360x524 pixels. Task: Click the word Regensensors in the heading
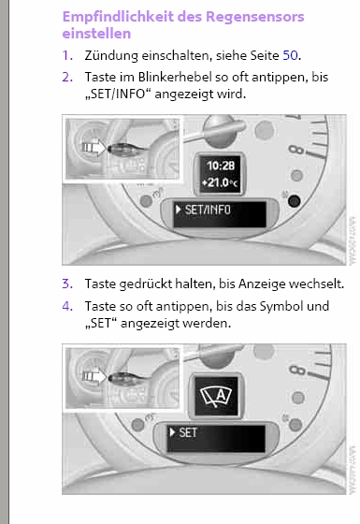tap(254, 17)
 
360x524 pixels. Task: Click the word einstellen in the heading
tap(96, 34)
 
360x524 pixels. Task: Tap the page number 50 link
tap(290, 55)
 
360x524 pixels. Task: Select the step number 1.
tap(67, 55)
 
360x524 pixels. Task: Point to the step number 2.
tap(67, 77)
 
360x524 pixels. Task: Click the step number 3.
tap(67, 284)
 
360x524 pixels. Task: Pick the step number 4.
tap(67, 306)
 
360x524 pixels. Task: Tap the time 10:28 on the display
tap(221, 166)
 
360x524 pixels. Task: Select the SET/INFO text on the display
tap(208, 210)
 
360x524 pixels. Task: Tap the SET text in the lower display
tap(188, 432)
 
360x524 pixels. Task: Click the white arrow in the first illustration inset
tap(94, 148)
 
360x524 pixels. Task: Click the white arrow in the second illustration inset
tap(94, 376)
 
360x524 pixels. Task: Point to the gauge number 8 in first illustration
tap(296, 150)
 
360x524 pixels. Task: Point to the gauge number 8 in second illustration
tap(297, 371)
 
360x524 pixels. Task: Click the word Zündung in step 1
tap(111, 56)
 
